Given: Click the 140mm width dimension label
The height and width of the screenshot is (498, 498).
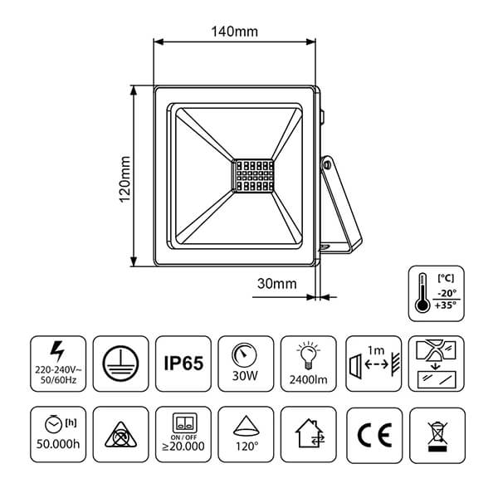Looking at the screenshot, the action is tap(235, 32).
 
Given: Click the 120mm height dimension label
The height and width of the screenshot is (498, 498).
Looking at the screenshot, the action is tap(124, 179).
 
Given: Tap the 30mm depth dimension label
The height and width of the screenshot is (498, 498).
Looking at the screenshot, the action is tap(277, 284).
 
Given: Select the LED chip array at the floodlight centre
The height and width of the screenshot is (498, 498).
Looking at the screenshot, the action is tap(255, 176).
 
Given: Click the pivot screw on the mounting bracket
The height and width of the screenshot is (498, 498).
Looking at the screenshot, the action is tap(327, 165).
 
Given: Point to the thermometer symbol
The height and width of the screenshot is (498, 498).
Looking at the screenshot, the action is tap(422, 292).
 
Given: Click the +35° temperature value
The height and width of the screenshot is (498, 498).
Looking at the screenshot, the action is tap(446, 305).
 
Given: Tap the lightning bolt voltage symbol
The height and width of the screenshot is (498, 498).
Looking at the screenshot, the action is tap(57, 351).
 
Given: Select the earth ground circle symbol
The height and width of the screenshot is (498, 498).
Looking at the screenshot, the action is tap(120, 364).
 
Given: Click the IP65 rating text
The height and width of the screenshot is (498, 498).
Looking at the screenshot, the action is tap(183, 363).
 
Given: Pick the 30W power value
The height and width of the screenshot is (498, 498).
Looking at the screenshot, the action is tap(245, 376).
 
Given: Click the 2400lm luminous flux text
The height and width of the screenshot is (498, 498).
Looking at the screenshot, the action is tap(308, 379).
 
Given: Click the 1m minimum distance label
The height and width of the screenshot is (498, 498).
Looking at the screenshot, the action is tap(376, 350).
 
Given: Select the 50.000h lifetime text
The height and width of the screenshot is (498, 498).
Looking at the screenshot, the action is tap(58, 444).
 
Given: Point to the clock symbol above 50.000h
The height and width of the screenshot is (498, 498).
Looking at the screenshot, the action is tap(53, 424).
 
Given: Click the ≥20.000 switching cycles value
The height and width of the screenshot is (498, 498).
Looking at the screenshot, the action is tap(183, 446).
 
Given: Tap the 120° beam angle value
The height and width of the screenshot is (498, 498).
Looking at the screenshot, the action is tap(247, 447).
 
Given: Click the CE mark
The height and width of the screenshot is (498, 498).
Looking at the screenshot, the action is tap(374, 435).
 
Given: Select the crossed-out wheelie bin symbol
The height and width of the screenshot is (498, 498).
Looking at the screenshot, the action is tap(437, 436).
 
